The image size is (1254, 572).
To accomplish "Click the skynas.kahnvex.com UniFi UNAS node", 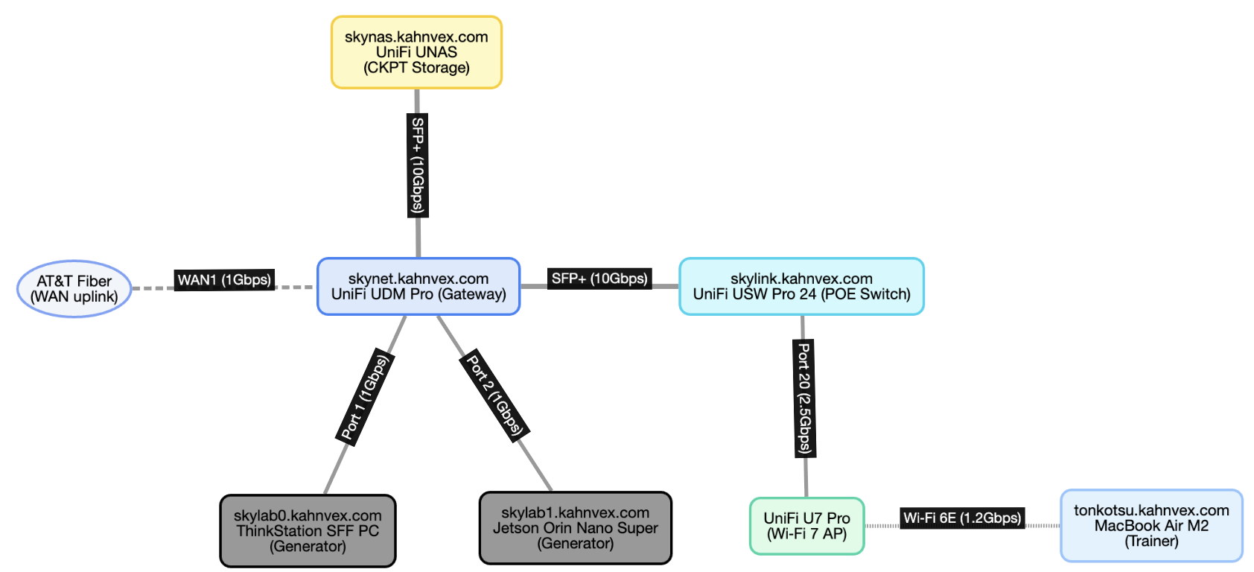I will tap(416, 52).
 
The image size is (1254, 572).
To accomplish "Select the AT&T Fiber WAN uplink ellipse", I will tap(74, 289).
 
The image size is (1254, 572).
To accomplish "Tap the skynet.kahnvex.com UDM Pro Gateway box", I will tap(418, 287).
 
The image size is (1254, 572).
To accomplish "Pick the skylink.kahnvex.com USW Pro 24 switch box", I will tap(801, 287).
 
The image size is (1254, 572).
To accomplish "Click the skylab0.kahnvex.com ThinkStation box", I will tap(308, 531).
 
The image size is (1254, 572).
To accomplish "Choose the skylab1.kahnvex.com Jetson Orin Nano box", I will tap(575, 528).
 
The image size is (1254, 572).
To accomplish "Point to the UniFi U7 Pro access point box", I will tap(806, 526).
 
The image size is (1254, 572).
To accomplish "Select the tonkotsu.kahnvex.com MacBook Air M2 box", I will tap(1151, 526).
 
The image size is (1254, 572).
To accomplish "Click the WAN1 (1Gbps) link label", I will tap(224, 280).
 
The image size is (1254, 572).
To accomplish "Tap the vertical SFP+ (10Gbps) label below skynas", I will tap(418, 165).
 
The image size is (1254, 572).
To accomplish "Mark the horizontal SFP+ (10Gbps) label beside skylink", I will tap(599, 279).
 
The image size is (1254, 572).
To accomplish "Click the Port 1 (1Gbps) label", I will tap(365, 398).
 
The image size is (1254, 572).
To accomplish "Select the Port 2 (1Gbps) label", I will tap(494, 395).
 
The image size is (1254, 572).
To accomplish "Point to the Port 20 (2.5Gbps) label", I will tap(804, 398).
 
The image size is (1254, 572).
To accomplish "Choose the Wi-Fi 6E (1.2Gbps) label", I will tap(962, 518).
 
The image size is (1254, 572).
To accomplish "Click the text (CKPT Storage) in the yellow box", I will tap(416, 68).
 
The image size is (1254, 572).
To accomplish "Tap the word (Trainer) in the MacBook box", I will tap(1151, 541).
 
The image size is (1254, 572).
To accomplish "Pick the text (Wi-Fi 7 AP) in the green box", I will tap(806, 534).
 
